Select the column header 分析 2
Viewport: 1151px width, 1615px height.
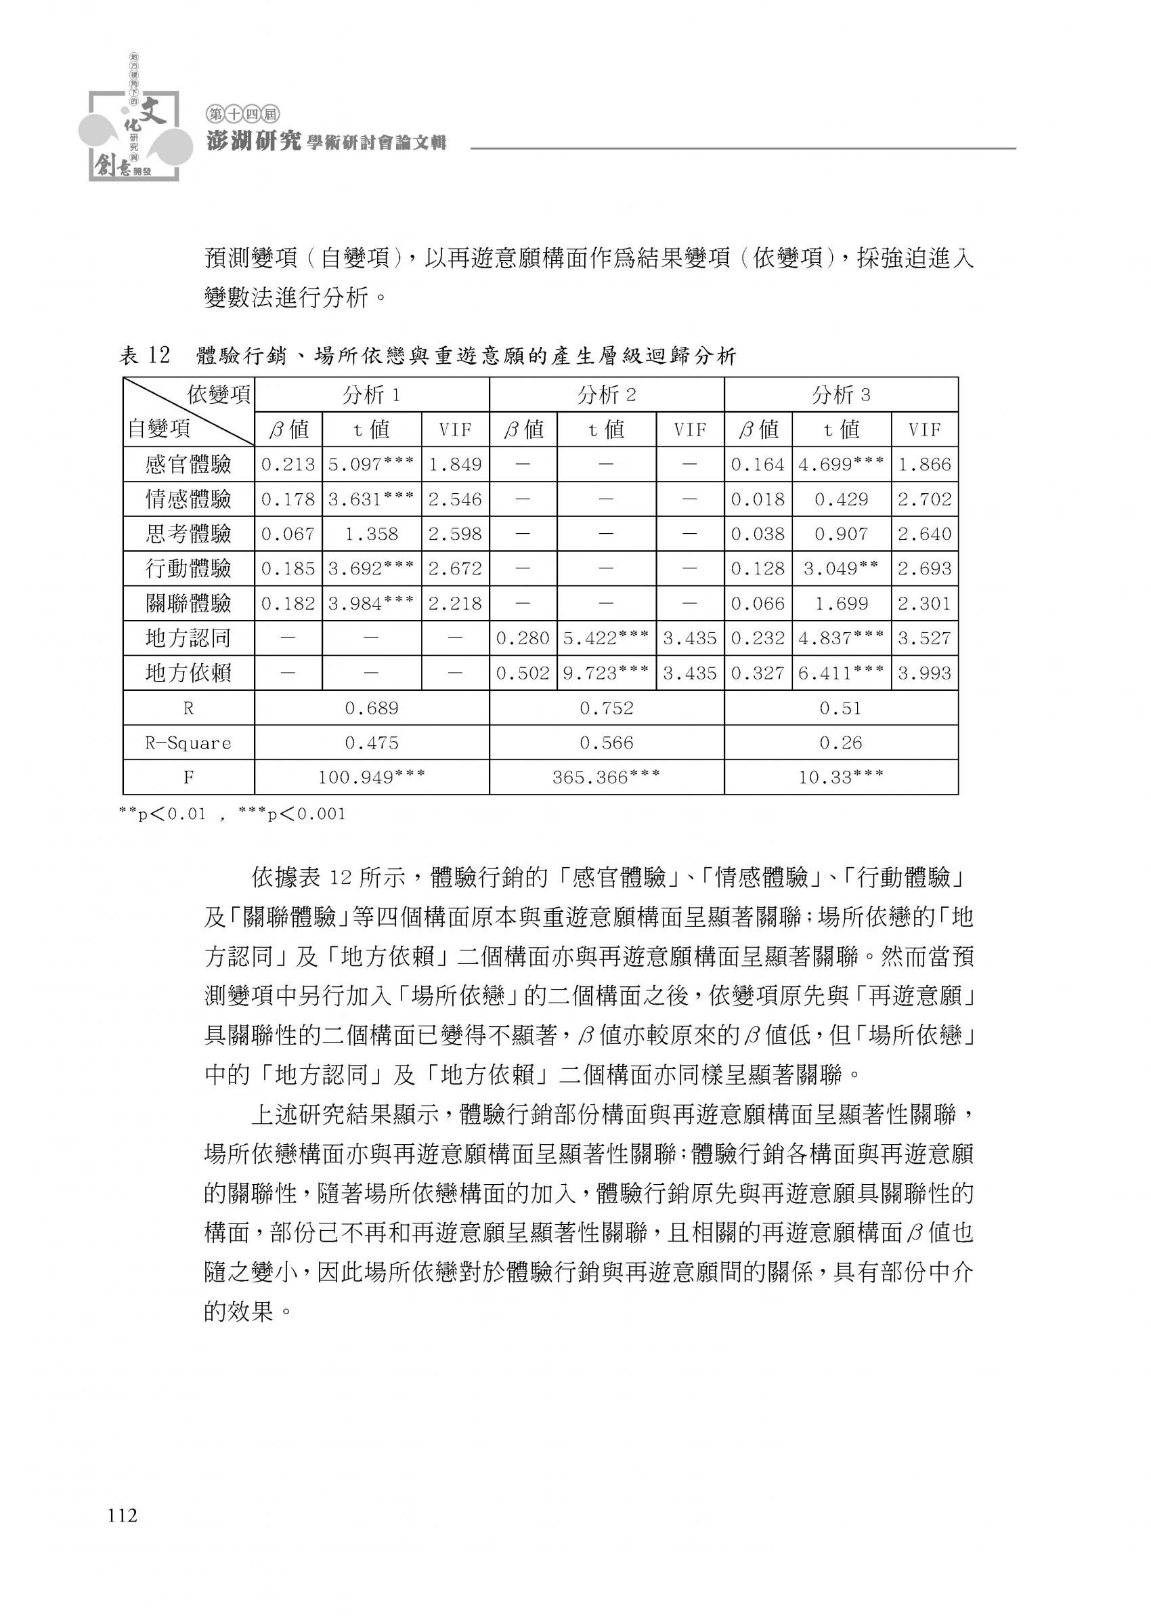tap(606, 395)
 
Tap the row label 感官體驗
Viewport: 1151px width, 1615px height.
tap(188, 464)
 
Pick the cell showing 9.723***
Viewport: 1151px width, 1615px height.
tap(606, 673)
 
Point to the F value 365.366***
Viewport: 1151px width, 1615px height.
tap(606, 777)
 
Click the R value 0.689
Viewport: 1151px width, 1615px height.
tap(372, 707)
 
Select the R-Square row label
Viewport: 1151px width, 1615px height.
tap(188, 742)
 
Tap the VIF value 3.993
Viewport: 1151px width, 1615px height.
tap(924, 673)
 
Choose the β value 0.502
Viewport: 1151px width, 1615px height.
tap(522, 673)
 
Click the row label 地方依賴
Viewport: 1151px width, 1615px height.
tap(188, 673)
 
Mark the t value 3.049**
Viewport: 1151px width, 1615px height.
tap(841, 568)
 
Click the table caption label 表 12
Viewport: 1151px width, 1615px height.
tap(146, 355)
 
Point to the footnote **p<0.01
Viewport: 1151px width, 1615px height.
tap(162, 813)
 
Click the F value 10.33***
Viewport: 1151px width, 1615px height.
tap(841, 777)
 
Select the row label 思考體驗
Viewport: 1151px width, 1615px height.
tap(188, 534)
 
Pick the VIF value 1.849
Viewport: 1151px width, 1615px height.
tap(455, 464)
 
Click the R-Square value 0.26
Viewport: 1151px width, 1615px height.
tap(841, 742)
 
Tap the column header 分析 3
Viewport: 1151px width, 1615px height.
tap(841, 395)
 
